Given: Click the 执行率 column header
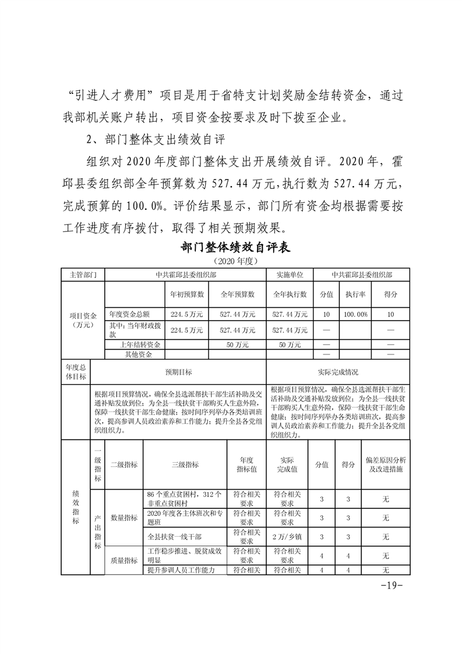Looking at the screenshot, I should [x=355, y=294].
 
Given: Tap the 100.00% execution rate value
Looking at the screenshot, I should [x=355, y=314].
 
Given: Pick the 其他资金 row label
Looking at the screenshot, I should [x=137, y=354].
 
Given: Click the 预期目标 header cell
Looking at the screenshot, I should [x=178, y=372].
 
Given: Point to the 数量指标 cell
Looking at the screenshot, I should [x=124, y=518].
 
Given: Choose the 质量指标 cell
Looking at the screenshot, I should [x=124, y=561].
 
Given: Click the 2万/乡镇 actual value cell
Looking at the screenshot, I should [x=287, y=536].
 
